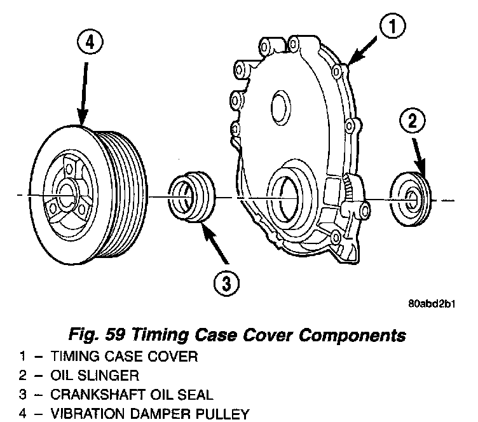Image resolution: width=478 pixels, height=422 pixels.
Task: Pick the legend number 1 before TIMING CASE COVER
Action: (22, 357)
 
